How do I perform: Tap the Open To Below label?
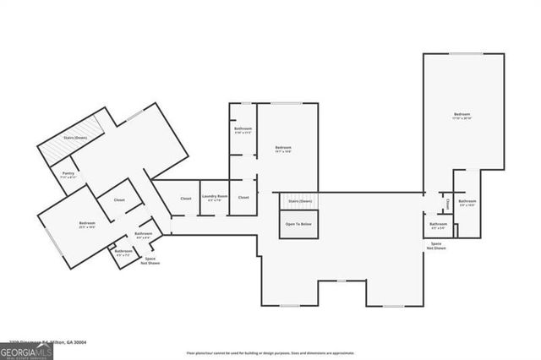[x=299, y=224]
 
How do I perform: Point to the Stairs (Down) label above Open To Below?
[x=299, y=201]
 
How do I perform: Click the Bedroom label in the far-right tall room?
[x=461, y=116]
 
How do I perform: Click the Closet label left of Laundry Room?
[x=185, y=198]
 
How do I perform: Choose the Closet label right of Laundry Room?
[x=243, y=198]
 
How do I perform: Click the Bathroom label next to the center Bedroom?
[x=243, y=130]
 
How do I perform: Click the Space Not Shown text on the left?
[x=151, y=261]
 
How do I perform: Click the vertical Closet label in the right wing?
[x=447, y=203]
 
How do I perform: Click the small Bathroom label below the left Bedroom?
[x=123, y=252]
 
